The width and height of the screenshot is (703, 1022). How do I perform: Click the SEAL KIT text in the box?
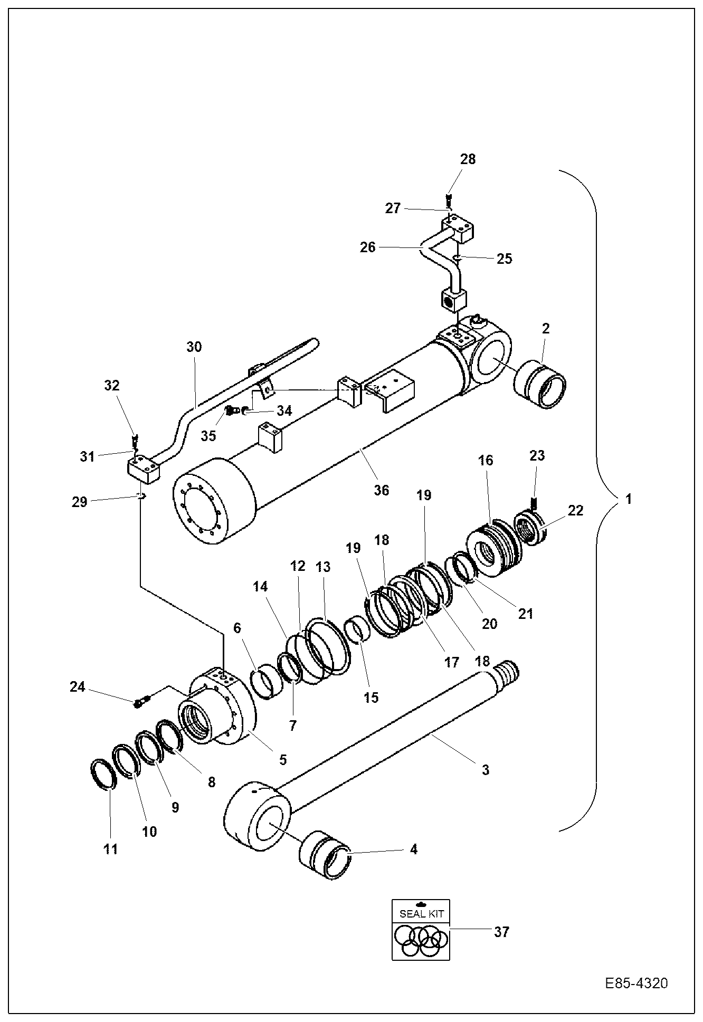click(x=421, y=913)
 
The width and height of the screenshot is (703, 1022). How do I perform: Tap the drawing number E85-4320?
click(x=636, y=983)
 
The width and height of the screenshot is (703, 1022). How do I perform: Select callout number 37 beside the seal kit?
click(x=501, y=932)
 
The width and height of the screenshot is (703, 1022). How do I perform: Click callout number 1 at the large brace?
click(x=628, y=499)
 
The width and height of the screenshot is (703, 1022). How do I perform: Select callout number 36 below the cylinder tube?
click(x=381, y=490)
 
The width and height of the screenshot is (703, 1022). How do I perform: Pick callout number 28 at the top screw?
click(x=468, y=159)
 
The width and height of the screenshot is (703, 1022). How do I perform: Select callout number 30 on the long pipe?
click(x=194, y=347)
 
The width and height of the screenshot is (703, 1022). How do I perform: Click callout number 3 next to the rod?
click(x=485, y=770)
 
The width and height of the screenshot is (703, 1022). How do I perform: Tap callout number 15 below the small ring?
click(x=371, y=697)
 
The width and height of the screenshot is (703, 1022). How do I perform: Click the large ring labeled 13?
click(x=328, y=646)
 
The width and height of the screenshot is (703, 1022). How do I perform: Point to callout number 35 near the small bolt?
click(x=208, y=435)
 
